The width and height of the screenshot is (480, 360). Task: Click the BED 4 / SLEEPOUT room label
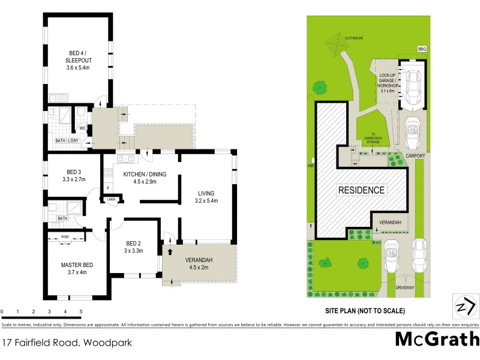[x=77, y=60]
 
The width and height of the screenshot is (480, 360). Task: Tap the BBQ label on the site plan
[x=422, y=49]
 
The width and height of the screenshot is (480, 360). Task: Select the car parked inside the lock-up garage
[x=413, y=85]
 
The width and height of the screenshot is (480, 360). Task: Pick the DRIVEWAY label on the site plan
[x=406, y=288]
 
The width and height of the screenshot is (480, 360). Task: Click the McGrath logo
[x=437, y=339]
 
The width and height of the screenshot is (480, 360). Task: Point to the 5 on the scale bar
[x=80, y=311]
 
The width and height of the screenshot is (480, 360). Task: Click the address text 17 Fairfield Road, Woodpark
[x=67, y=343]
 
